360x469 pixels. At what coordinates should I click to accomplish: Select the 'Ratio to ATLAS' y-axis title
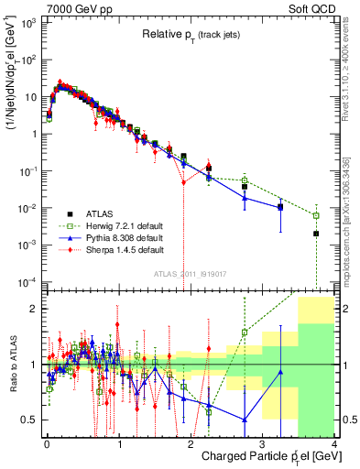coord(12,364)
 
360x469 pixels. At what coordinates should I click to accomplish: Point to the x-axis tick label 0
coord(47,446)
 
